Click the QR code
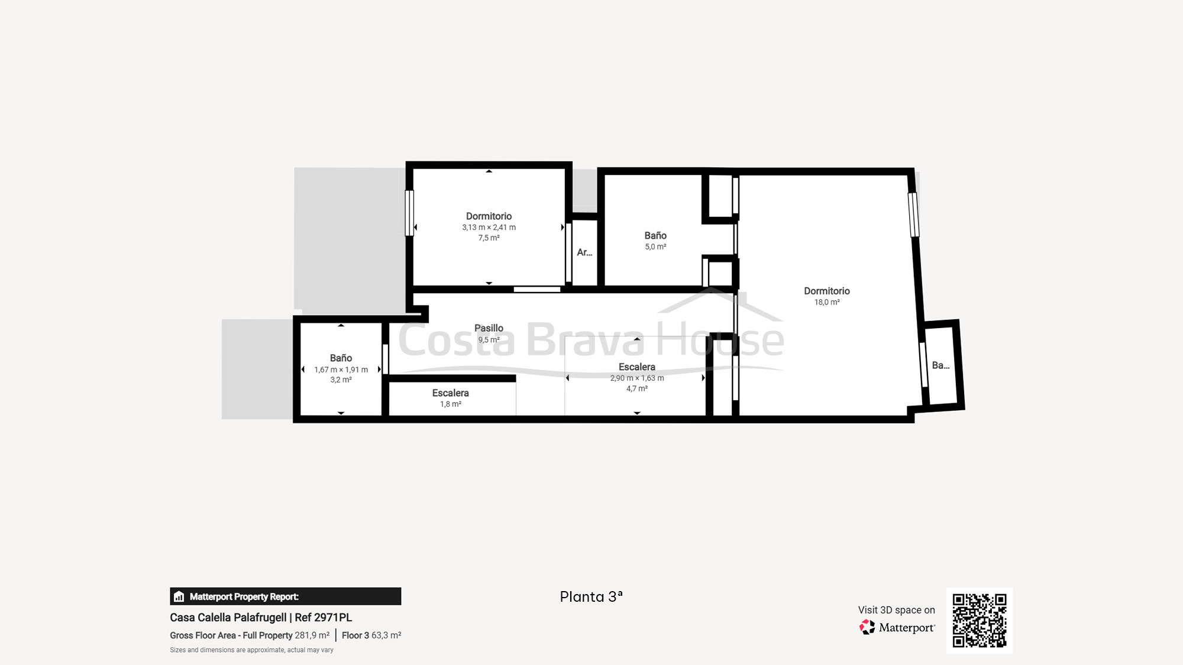pos(980,620)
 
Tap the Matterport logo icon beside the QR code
pos(867,627)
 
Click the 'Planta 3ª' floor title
pos(591,596)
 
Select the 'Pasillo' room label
pos(489,328)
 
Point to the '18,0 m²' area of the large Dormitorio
pos(827,302)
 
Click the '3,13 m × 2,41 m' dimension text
pos(489,227)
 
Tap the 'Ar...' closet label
pos(584,252)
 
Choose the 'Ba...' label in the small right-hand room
pos(940,365)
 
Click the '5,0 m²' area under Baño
pos(655,246)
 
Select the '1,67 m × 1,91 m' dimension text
pos(341,369)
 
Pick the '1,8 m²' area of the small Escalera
pos(450,404)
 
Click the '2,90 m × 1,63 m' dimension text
pos(637,378)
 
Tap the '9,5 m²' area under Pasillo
pos(489,339)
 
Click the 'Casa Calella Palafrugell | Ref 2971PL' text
pos(261,618)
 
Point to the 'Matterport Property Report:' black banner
pos(286,596)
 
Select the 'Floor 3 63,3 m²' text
pos(371,635)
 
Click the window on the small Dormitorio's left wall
pos(409,213)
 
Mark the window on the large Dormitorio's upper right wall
pos(913,215)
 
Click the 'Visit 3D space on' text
pos(897,610)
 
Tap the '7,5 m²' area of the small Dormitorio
pos(489,238)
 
